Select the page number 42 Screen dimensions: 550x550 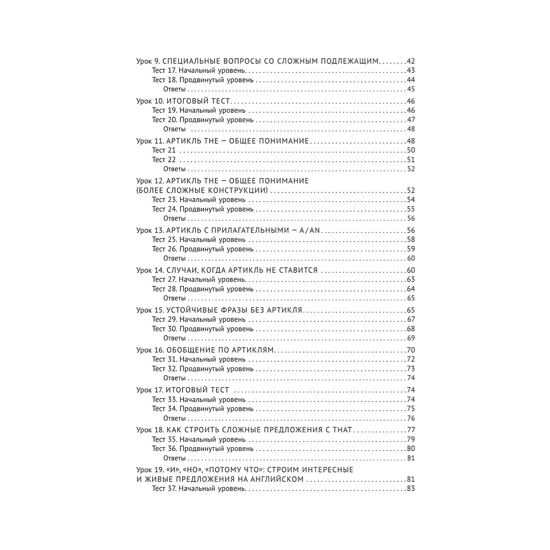pos(410,61)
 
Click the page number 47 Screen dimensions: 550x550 pos(410,119)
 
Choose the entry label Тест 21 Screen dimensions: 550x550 pos(164,150)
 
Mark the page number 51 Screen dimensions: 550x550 pos(410,159)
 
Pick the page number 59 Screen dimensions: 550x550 pos(410,249)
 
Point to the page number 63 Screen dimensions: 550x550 pos(410,279)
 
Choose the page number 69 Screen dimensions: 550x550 pos(410,338)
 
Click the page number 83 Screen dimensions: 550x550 pos(410,489)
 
